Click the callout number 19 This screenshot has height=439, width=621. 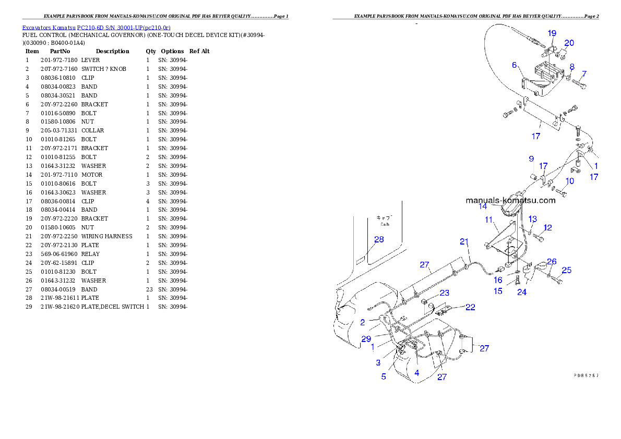(552, 33)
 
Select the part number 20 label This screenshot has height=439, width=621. (569, 43)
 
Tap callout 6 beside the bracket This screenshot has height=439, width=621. (514, 65)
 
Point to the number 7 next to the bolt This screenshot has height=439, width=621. (584, 74)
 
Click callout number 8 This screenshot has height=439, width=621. (572, 67)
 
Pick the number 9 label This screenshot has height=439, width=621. (531, 158)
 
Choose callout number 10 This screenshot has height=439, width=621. (569, 181)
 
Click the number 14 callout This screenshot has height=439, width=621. (483, 206)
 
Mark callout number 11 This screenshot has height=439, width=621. (489, 220)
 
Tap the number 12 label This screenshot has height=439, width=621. (547, 227)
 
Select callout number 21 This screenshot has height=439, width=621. (464, 241)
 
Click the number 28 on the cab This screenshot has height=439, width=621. (379, 239)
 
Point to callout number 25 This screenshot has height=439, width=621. (566, 270)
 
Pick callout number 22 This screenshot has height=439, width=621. (470, 307)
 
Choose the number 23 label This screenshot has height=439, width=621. (444, 293)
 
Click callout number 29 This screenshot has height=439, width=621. (366, 339)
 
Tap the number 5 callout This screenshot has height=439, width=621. (384, 376)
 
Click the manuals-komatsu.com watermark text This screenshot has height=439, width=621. (510, 200)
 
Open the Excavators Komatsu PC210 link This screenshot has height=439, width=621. (96, 27)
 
